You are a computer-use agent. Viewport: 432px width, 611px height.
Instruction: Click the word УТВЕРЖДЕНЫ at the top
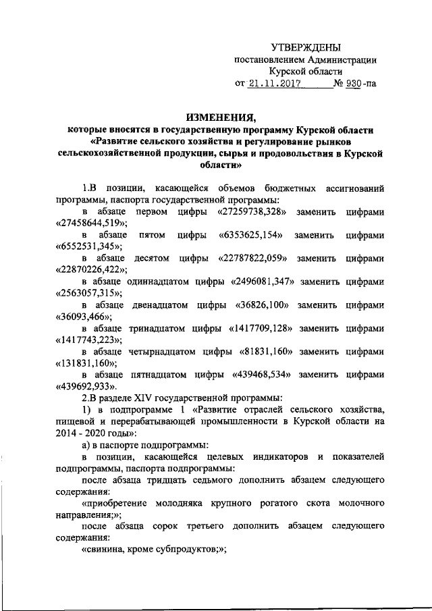pyautogui.click(x=305, y=47)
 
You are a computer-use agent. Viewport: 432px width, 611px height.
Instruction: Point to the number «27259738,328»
pyautogui.click(x=256, y=212)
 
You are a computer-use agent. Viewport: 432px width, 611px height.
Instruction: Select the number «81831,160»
pyautogui.click(x=270, y=350)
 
